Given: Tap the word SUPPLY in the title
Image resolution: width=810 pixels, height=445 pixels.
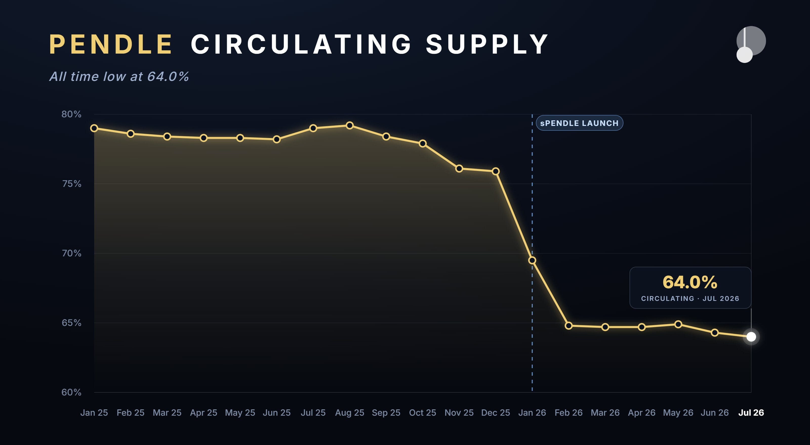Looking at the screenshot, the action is pos(487,44).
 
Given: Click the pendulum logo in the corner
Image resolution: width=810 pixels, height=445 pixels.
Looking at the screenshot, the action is pos(751,44).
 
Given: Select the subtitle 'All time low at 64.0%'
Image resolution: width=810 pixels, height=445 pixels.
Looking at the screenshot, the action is pos(119,77).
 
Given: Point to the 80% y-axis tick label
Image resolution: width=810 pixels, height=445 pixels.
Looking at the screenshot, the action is pos(71,114).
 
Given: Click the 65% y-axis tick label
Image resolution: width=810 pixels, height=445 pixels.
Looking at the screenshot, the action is pos(71,323).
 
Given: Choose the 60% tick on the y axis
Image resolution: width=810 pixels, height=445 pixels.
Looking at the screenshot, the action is pos(71,392).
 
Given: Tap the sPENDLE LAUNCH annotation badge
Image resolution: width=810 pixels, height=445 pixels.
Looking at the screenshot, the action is pos(579,123).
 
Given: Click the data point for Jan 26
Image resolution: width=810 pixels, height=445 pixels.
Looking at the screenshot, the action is pos(532,260).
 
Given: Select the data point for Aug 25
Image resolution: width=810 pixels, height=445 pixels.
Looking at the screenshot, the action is pos(350,125).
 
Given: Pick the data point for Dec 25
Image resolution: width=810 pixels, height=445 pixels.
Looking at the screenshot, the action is pos(496,171).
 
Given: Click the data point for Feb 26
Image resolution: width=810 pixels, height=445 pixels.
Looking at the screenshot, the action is pos(569,326).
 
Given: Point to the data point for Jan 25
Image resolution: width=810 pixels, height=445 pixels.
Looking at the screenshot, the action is pos(94,128).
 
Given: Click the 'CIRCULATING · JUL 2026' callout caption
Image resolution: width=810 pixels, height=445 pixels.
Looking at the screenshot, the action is pos(690,299).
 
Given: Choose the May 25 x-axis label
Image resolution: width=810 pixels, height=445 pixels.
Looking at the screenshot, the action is pos(240,413).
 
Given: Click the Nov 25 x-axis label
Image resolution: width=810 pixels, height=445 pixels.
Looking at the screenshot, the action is pos(459,413).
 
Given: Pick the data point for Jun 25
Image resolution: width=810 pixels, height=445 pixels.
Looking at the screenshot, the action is pos(277,139).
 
